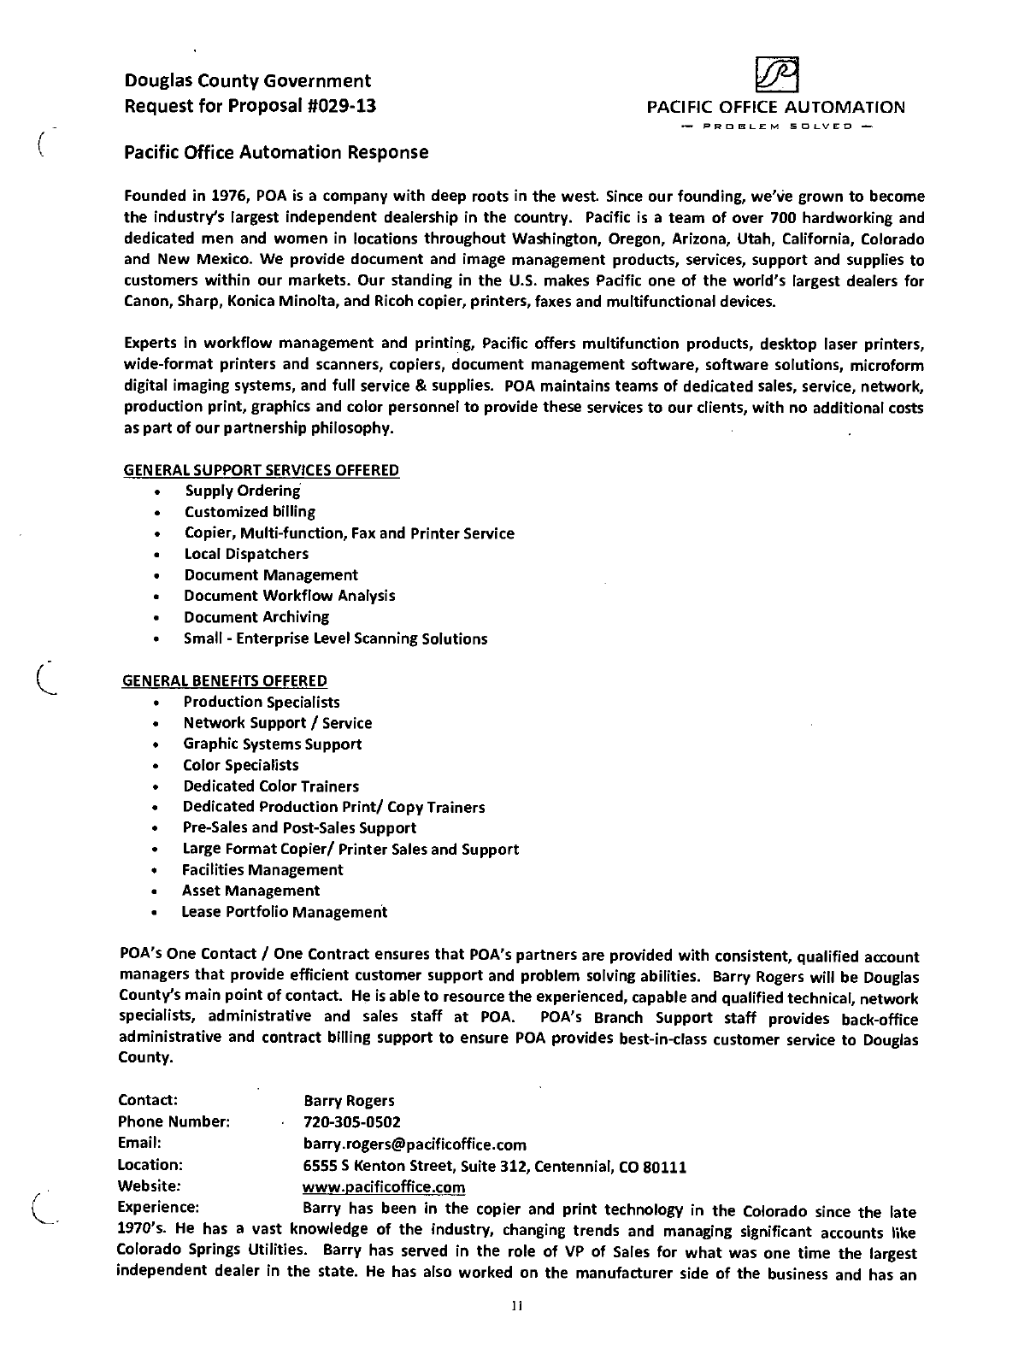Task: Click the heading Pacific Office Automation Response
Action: [276, 152]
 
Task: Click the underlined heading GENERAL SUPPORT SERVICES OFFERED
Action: [262, 470]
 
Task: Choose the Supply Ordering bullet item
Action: [243, 491]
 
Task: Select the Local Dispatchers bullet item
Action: [246, 554]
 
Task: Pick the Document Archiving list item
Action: [256, 617]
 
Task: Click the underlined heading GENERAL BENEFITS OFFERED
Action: [226, 681]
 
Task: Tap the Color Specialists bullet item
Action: [241, 765]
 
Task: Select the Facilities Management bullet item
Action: [262, 870]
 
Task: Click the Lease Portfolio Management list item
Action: [285, 912]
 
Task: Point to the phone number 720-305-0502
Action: [352, 1122]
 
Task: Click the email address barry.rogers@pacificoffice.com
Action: [415, 1144]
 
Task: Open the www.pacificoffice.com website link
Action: [384, 1187]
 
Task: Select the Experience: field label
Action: [158, 1208]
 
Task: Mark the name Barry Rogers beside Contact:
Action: [349, 1101]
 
